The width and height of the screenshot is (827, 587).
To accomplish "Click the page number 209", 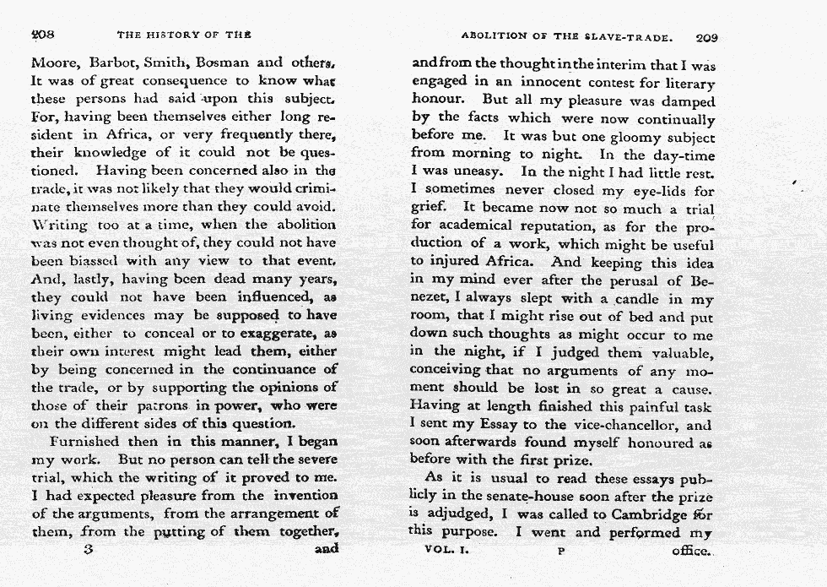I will (x=706, y=38).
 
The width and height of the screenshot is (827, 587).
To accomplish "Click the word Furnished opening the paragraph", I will (x=88, y=441).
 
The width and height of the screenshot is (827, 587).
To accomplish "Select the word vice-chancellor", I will (x=616, y=426).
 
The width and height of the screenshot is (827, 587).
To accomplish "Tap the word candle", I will (x=623, y=300).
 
